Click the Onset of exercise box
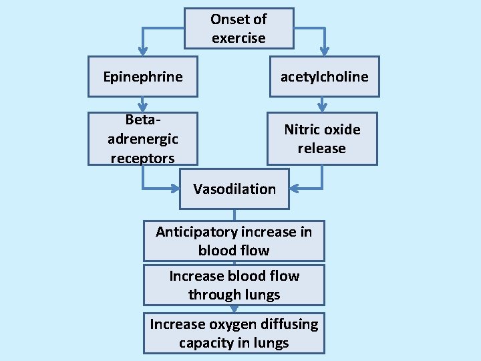pyautogui.click(x=238, y=29)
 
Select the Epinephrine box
pyautogui.click(x=143, y=76)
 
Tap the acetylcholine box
pyautogui.click(x=324, y=76)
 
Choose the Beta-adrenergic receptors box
pyautogui.click(x=143, y=138)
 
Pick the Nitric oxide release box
pyautogui.click(x=322, y=138)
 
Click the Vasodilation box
pyautogui.click(x=234, y=189)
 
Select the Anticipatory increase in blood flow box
pyautogui.click(x=234, y=241)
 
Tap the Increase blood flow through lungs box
pyautogui.click(x=234, y=285)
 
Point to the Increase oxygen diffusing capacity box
pyautogui.click(x=234, y=333)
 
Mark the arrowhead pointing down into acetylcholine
pyautogui.click(x=324, y=51)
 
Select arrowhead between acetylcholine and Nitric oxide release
pyautogui.click(x=322, y=106)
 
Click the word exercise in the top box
pyautogui.click(x=238, y=38)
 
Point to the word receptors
pyautogui.click(x=142, y=158)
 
